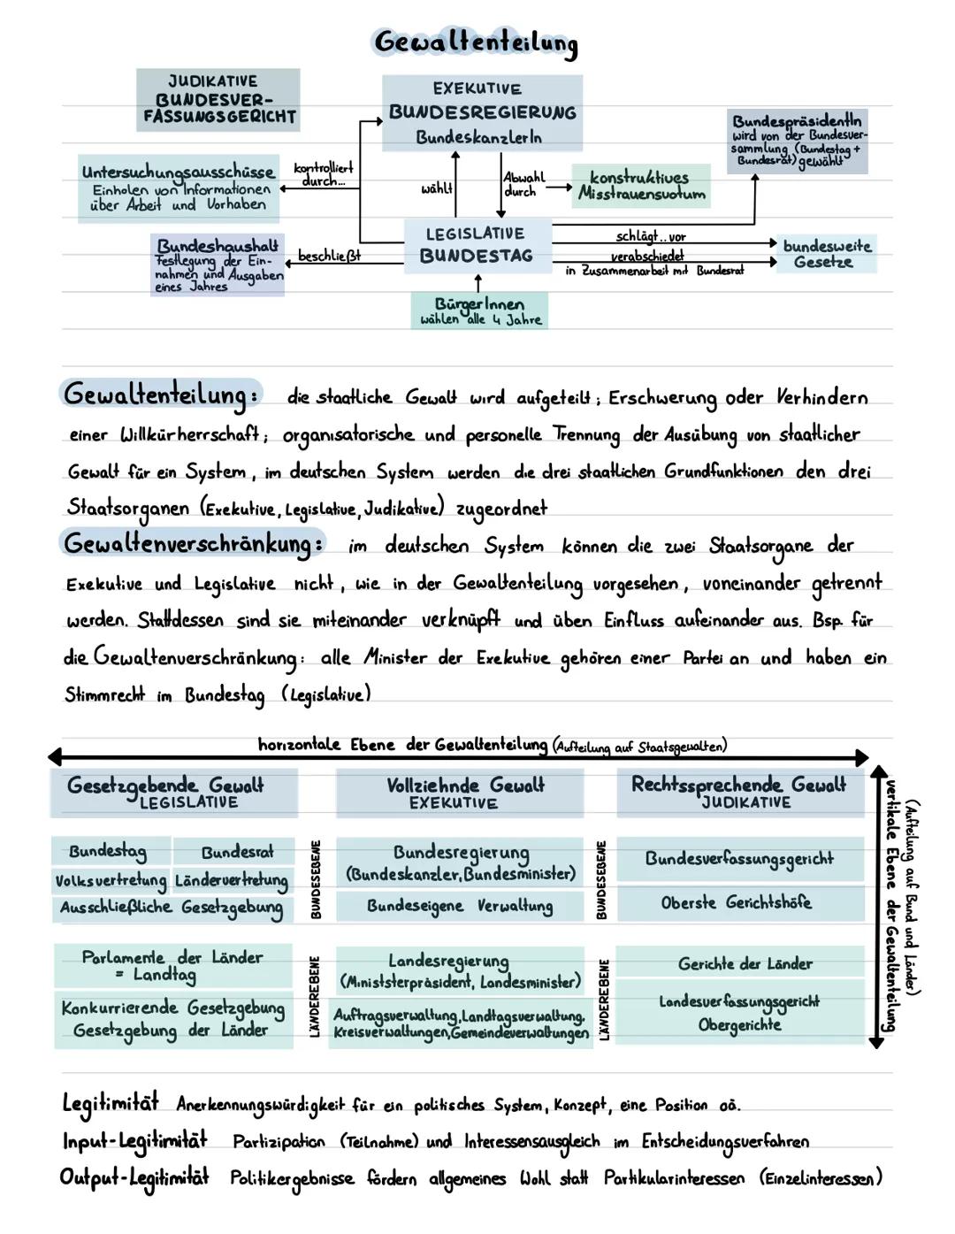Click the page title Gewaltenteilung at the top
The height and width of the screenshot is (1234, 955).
(x=476, y=42)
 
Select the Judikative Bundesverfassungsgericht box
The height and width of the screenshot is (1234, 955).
(x=218, y=100)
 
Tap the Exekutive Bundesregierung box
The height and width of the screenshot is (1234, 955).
(x=482, y=112)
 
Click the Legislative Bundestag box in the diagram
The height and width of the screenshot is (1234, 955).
(x=477, y=245)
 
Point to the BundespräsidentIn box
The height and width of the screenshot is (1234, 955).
(x=798, y=142)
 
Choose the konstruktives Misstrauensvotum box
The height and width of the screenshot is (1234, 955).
(x=641, y=186)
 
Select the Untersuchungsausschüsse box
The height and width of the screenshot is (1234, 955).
(x=178, y=188)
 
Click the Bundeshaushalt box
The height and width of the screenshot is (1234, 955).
(x=218, y=264)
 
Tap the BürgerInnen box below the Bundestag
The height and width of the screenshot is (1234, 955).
(x=478, y=311)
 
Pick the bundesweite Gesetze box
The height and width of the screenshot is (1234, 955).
(x=826, y=254)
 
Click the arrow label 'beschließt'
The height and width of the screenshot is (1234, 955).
(x=328, y=256)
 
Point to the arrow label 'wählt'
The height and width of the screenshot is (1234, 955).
(x=436, y=188)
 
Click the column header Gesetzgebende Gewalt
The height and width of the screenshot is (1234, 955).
(x=173, y=791)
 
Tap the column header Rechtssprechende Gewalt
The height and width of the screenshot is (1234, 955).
(x=739, y=791)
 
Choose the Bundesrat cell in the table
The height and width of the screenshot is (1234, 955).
(x=235, y=852)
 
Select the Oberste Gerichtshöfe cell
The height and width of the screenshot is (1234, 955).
(x=738, y=902)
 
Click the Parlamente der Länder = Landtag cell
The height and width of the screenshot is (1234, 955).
(x=172, y=965)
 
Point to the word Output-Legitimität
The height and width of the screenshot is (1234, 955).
(x=134, y=1177)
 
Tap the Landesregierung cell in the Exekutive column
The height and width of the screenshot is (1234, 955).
(x=459, y=970)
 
